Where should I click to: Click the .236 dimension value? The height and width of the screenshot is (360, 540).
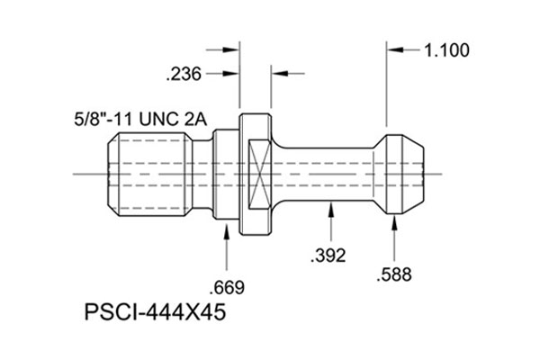(184, 74)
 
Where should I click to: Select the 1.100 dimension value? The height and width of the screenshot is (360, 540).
(446, 50)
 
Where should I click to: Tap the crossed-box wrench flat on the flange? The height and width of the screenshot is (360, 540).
(257, 173)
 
